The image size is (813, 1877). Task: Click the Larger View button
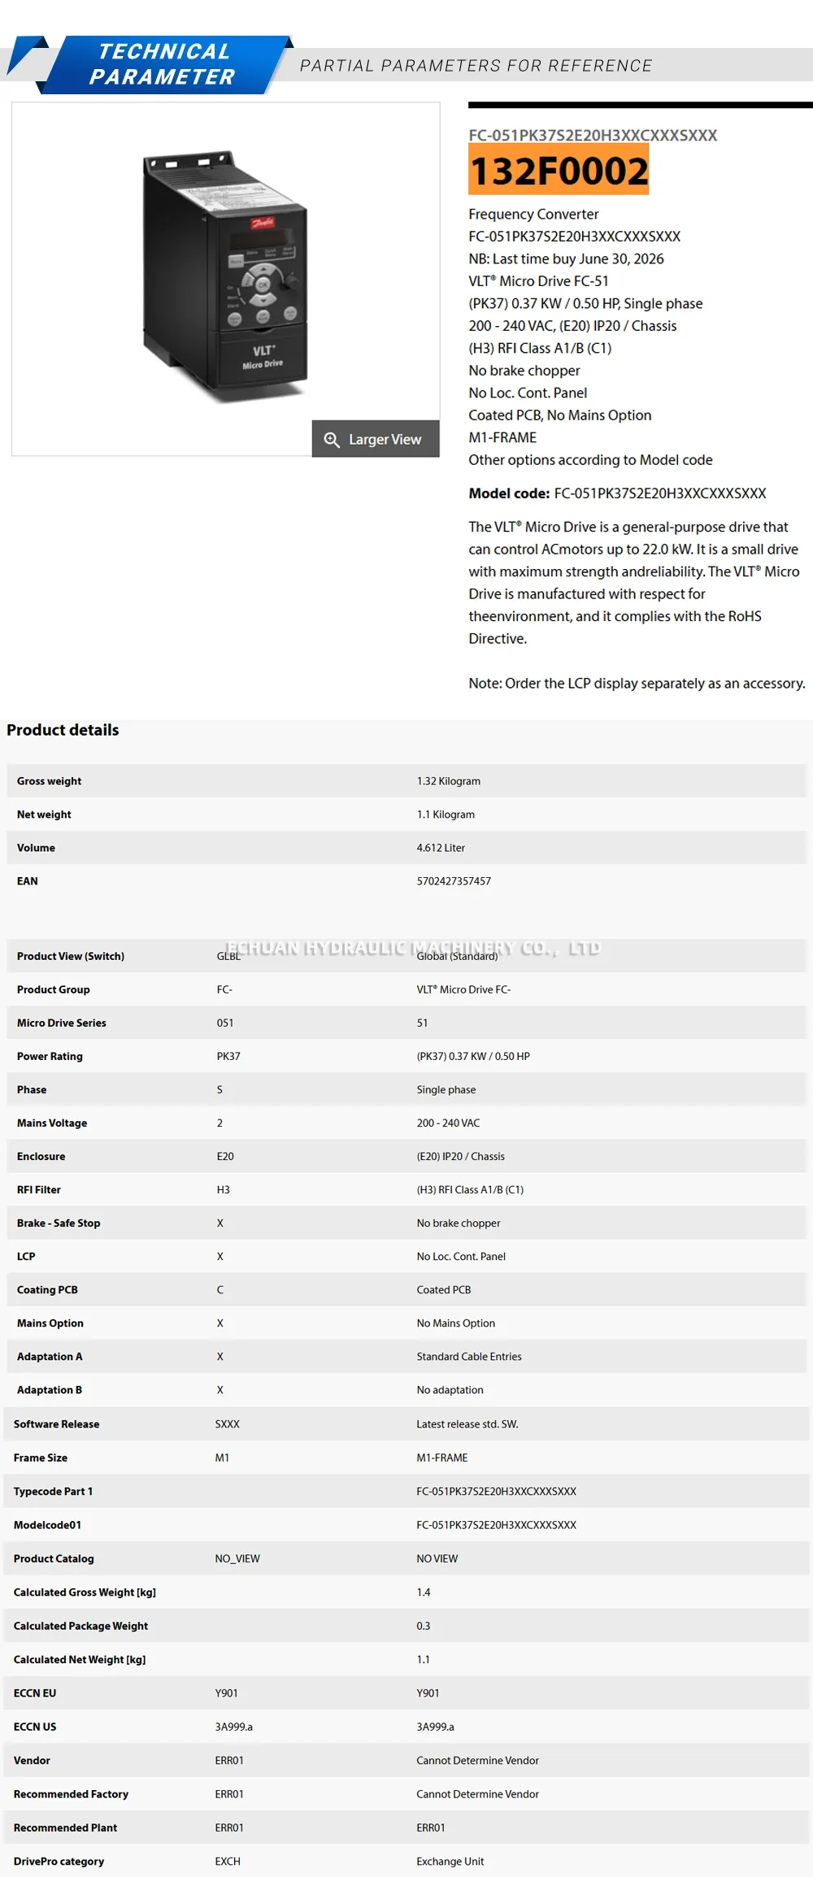[x=376, y=439]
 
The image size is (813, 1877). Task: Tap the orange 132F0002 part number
[x=559, y=170]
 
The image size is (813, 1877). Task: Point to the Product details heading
[x=63, y=730]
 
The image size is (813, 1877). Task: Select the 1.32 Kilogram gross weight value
[x=448, y=781]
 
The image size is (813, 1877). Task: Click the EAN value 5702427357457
[x=454, y=881]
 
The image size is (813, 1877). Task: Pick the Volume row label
[x=36, y=848]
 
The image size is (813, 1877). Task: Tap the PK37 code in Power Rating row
[x=228, y=1057]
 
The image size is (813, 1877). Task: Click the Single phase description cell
[x=446, y=1090]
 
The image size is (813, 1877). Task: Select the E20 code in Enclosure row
[x=225, y=1157]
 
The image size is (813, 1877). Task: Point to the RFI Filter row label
[x=39, y=1190]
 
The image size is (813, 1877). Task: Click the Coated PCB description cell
[x=444, y=1290]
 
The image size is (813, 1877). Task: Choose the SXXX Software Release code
[x=227, y=1424]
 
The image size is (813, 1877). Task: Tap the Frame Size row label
[x=41, y=1458]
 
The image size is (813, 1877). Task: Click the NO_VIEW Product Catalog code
[x=237, y=1558]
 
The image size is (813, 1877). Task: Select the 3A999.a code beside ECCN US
[x=233, y=1727]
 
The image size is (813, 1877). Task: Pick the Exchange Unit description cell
[x=450, y=1862]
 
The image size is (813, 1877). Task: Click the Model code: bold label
[x=509, y=493]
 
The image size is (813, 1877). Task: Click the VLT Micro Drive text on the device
[x=263, y=358]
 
